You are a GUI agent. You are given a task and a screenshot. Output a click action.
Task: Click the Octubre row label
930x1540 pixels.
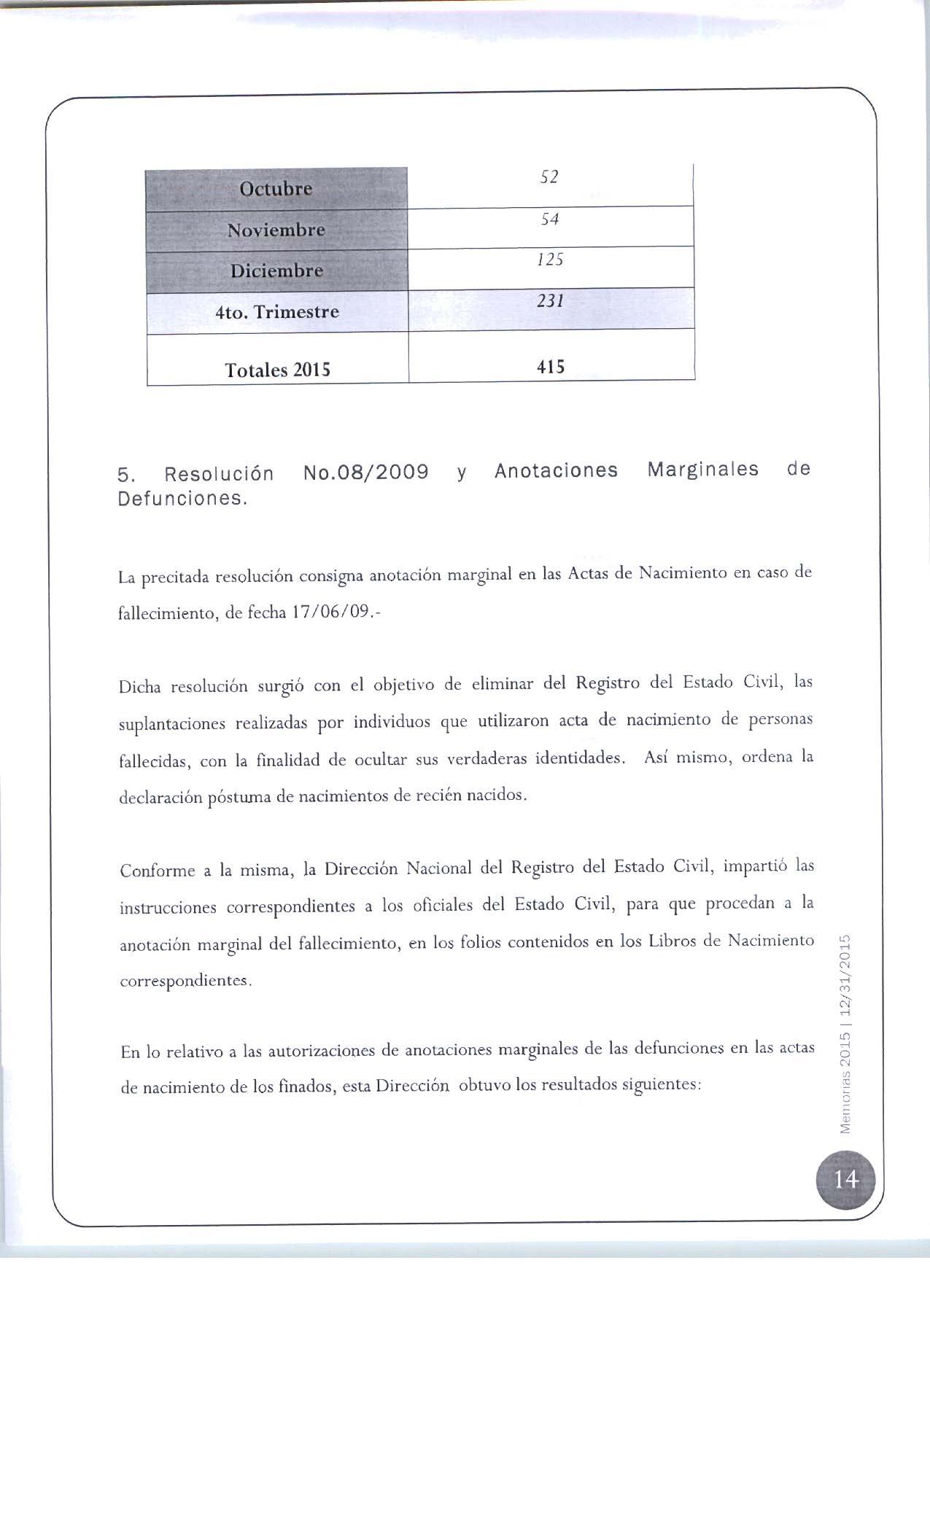pyautogui.click(x=276, y=189)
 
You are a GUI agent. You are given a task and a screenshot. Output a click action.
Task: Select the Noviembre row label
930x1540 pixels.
pyautogui.click(x=276, y=230)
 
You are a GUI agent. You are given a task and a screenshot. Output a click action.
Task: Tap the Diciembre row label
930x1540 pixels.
pyautogui.click(x=276, y=271)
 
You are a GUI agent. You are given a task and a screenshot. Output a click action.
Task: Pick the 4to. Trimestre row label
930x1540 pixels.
pyautogui.click(x=277, y=312)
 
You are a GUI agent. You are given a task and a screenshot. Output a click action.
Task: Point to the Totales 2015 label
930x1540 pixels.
pyautogui.click(x=277, y=370)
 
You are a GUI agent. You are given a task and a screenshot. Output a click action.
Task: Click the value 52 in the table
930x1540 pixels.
pyautogui.click(x=549, y=177)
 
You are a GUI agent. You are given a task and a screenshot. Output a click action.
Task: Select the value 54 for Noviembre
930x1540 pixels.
pyautogui.click(x=550, y=219)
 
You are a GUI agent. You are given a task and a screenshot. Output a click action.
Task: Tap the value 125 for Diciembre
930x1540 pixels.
pyautogui.click(x=550, y=260)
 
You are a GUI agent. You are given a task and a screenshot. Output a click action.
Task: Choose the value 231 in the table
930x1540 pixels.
pyautogui.click(x=551, y=301)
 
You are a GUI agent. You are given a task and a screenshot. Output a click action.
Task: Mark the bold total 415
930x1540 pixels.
pyautogui.click(x=551, y=367)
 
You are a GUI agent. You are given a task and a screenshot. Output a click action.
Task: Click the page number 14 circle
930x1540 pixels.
pyautogui.click(x=845, y=1179)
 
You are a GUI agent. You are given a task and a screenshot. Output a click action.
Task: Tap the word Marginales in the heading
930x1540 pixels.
pyautogui.click(x=703, y=470)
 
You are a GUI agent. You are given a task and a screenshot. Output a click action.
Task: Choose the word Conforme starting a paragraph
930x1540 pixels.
pyautogui.click(x=157, y=871)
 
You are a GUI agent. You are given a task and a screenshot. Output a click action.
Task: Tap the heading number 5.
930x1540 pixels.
pyautogui.click(x=125, y=476)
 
